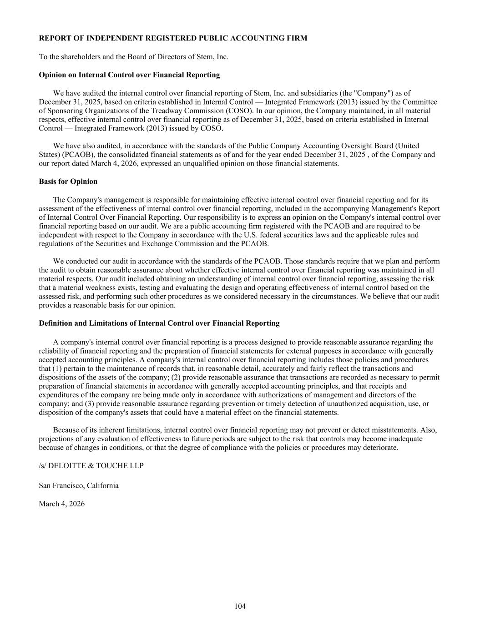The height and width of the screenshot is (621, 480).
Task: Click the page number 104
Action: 240,606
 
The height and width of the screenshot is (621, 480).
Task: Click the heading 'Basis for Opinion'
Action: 68,182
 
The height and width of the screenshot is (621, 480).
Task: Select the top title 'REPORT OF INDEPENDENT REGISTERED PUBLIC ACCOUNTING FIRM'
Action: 173,38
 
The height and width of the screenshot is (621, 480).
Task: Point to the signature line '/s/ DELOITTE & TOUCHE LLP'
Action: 91,466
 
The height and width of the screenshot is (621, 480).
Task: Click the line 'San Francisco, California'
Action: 79,485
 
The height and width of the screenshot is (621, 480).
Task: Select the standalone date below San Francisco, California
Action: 61,504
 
